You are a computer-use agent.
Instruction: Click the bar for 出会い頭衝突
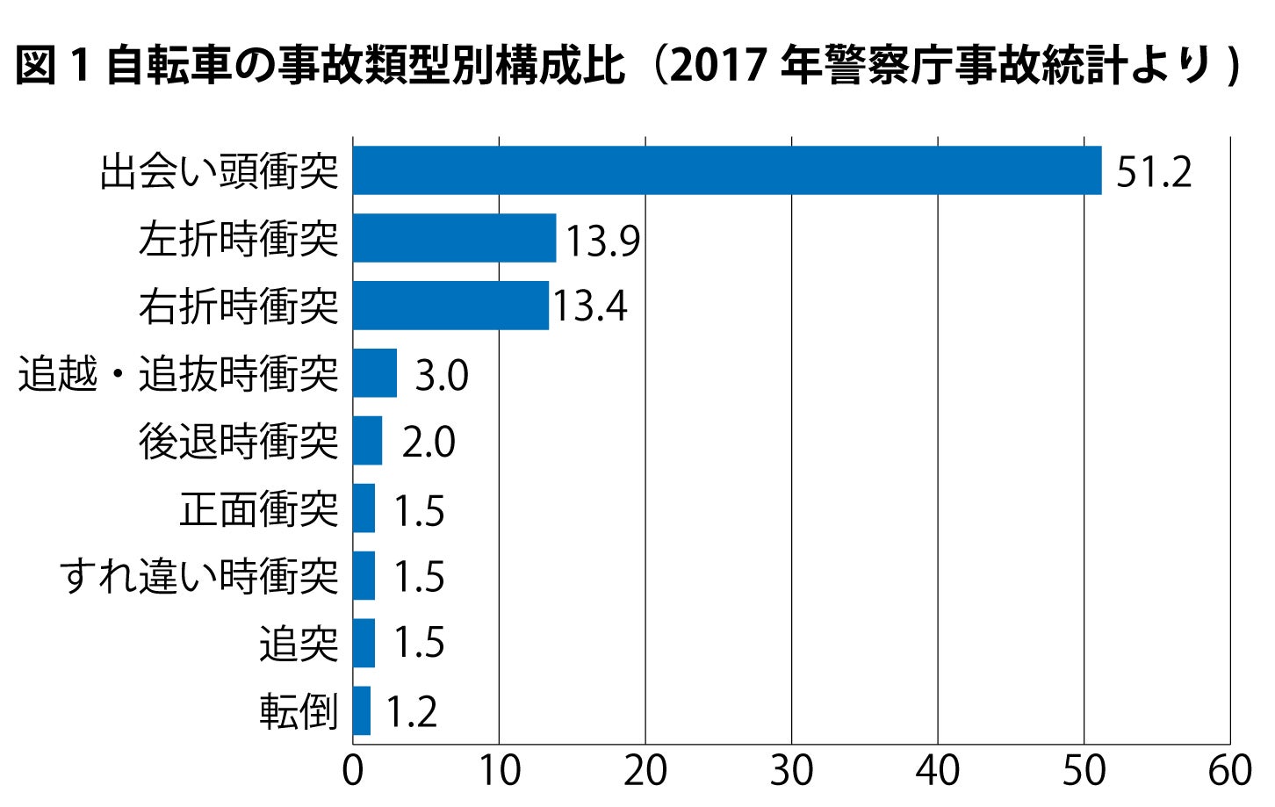tap(727, 170)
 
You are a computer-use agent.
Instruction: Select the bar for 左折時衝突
tap(454, 238)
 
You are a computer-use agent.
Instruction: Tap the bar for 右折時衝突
tap(450, 306)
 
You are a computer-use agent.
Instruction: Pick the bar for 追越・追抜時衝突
tap(375, 373)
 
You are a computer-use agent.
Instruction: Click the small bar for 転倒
tap(362, 710)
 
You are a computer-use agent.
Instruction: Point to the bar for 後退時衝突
tap(367, 441)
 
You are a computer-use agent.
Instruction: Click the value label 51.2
tap(1154, 172)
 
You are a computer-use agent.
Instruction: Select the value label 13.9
tap(602, 241)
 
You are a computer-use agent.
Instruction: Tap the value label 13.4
tap(589, 306)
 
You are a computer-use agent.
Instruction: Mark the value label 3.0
tap(442, 375)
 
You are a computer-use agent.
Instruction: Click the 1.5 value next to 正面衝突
tap(419, 511)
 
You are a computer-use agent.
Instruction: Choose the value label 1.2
tap(411, 712)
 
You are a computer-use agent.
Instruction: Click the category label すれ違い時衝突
tap(199, 577)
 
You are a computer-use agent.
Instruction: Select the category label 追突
tap(299, 644)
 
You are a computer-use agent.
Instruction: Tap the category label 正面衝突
tap(259, 509)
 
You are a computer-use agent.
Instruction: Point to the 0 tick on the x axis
tap(353, 772)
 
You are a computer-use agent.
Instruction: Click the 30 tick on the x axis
tap(791, 772)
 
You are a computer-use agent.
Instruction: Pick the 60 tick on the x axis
tap(1229, 772)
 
